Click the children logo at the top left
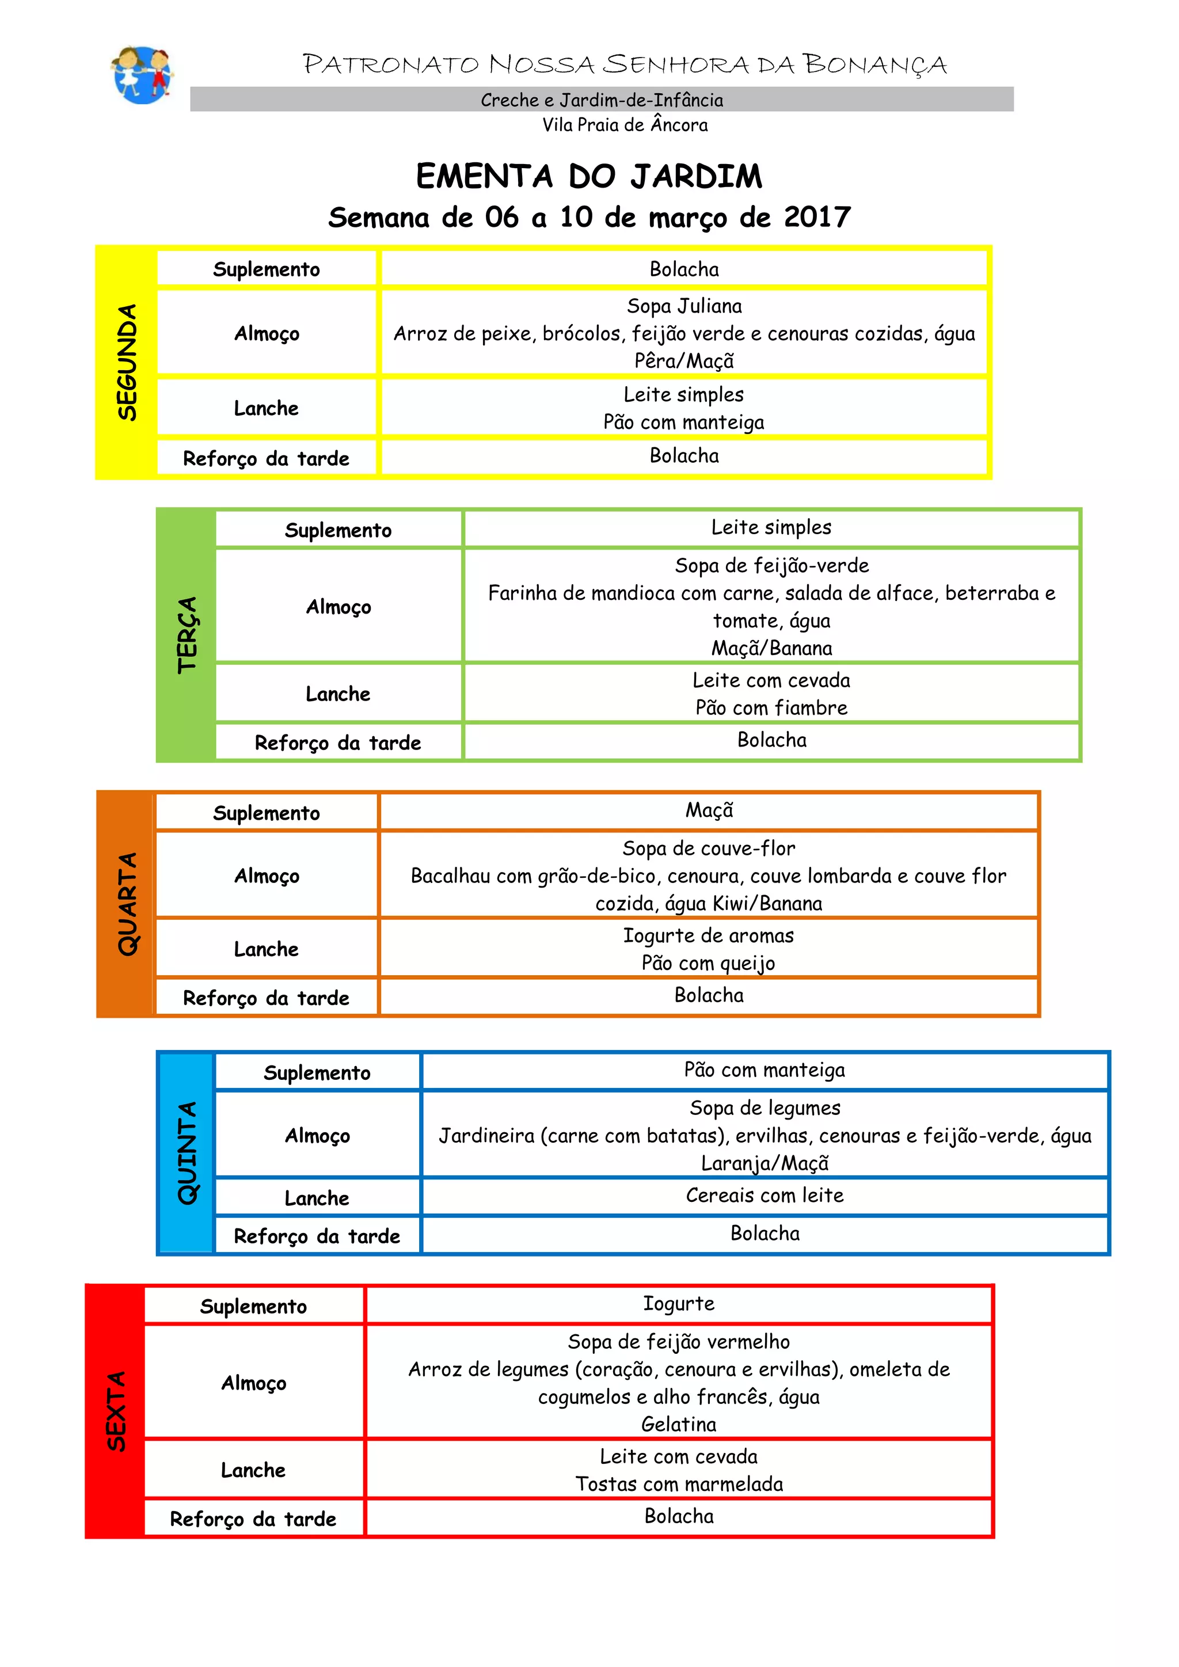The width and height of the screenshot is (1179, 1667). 142,75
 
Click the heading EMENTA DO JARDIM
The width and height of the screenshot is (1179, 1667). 589,177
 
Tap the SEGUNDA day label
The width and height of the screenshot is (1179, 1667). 127,361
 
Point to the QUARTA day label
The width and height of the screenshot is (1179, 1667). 127,903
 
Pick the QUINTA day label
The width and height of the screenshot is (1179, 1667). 187,1152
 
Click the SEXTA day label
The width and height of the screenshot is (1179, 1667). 116,1411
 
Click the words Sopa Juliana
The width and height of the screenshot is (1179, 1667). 684,306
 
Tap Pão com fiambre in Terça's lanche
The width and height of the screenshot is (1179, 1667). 771,708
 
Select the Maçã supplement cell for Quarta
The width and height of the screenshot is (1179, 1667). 709,810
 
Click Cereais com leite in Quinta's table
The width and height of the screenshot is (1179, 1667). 765,1196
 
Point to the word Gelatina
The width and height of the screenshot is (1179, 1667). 678,1425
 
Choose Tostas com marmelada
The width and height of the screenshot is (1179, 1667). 679,1484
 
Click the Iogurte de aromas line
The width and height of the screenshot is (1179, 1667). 708,936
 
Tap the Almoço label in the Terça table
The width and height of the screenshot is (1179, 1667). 339,607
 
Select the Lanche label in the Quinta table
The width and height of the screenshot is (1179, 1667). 317,1198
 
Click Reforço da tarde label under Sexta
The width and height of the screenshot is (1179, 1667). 253,1519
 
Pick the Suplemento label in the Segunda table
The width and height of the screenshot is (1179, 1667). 266,269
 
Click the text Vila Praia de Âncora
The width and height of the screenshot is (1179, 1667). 625,125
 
